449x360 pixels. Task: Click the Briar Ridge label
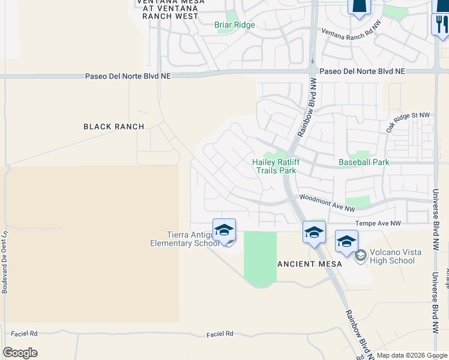pyautogui.click(x=235, y=25)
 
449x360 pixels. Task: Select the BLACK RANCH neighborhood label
pyautogui.click(x=114, y=127)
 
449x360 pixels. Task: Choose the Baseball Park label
pyautogui.click(x=364, y=162)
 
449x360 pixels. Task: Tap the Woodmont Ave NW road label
pyautogui.click(x=327, y=203)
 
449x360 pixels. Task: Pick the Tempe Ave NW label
pyautogui.click(x=378, y=223)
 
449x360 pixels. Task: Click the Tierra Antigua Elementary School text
pyautogui.click(x=185, y=239)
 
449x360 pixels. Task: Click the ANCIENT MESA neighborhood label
pyautogui.click(x=309, y=264)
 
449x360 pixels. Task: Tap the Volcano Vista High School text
pyautogui.click(x=392, y=256)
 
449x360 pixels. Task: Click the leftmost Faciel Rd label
pyautogui.click(x=25, y=334)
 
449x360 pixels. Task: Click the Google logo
pyautogui.click(x=20, y=352)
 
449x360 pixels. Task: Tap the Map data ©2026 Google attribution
pyautogui.click(x=412, y=355)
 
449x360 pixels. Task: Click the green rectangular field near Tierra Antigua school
pyautogui.click(x=260, y=256)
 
